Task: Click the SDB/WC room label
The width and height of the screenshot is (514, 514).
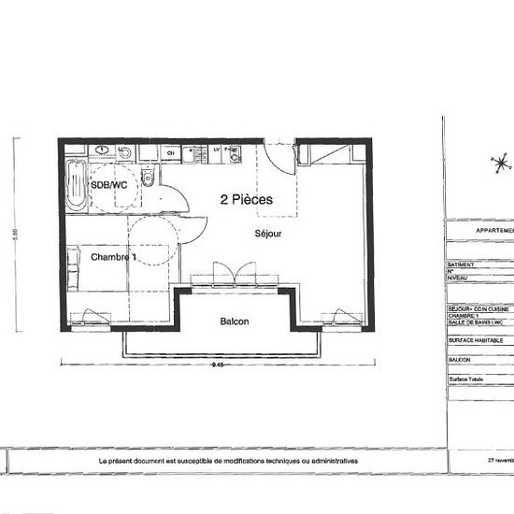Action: tap(108, 186)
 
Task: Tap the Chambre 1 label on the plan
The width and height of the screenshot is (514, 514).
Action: tap(114, 257)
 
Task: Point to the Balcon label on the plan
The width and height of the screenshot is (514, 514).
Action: tap(234, 321)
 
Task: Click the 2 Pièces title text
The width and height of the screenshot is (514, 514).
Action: tap(247, 199)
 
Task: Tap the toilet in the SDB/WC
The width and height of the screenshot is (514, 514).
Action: tap(148, 178)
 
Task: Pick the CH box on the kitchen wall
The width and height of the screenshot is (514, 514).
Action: tap(170, 150)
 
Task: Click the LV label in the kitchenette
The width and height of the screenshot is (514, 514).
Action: tap(216, 150)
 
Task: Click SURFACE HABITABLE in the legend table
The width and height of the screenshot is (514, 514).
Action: tap(477, 341)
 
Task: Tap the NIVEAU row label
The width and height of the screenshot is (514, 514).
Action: tap(459, 278)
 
